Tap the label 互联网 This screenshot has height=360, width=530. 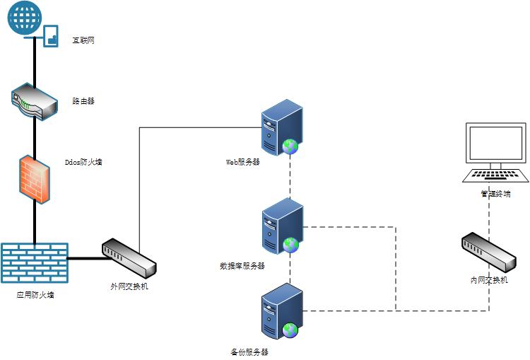[83, 40]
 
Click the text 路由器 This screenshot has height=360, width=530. [83, 101]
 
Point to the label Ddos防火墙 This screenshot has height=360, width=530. [83, 162]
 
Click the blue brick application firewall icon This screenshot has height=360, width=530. [34, 263]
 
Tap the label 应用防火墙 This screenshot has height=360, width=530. [35, 294]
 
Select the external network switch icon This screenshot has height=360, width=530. [129, 259]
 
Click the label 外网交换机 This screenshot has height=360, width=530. [129, 287]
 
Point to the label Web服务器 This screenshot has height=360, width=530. [243, 162]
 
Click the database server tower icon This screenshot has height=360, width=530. [281, 226]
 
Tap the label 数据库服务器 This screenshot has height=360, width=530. [242, 266]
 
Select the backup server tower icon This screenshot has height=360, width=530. [281, 310]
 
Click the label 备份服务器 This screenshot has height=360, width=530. [249, 352]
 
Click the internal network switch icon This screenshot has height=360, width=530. [488, 252]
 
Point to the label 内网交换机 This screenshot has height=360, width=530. [489, 280]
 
